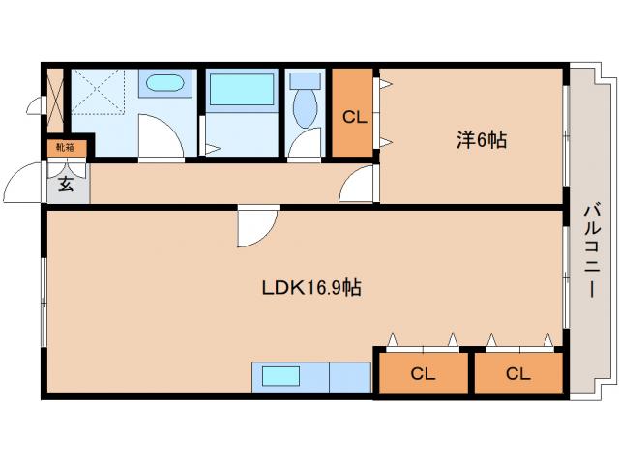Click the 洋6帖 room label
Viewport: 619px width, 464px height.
point(481,141)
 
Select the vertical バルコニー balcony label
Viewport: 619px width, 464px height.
point(593,250)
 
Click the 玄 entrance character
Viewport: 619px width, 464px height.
point(66,184)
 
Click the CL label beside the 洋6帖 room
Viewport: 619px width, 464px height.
point(355,118)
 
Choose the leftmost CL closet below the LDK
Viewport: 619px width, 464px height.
point(422,373)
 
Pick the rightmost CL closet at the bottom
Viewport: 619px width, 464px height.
point(517,373)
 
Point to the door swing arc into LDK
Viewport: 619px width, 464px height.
point(256,227)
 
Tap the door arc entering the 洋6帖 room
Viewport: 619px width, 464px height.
point(362,184)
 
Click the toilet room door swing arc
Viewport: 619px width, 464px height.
point(306,144)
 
